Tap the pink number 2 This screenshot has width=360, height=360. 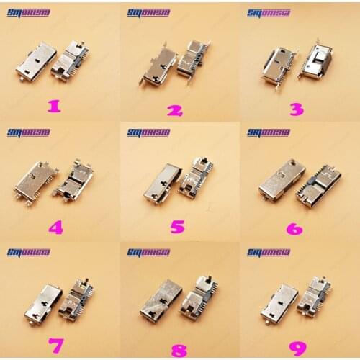click(x=175, y=109)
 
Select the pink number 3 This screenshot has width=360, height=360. click(x=296, y=109)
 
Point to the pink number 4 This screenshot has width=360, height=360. click(x=55, y=228)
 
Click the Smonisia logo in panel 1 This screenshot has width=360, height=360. click(x=28, y=12)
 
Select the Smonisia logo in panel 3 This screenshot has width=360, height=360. click(x=269, y=12)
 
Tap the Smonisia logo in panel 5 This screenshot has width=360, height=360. click(x=148, y=132)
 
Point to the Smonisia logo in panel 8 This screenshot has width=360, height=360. click(x=148, y=252)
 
